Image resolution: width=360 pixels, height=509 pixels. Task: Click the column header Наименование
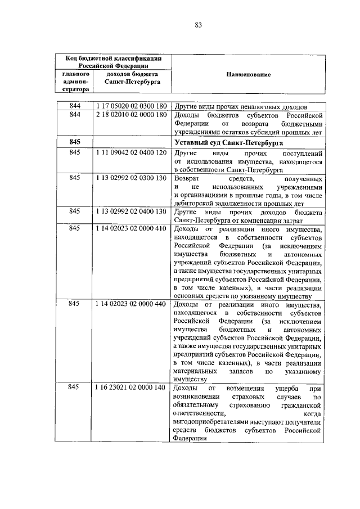(x=248, y=74)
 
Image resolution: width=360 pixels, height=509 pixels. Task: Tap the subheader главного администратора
(x=75, y=82)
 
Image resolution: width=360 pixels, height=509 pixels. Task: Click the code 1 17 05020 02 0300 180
(x=130, y=106)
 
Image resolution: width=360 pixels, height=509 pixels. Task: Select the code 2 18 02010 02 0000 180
(x=130, y=115)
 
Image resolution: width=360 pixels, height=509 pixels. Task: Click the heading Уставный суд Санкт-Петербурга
(x=228, y=143)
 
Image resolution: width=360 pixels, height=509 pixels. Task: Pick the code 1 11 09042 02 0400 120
(x=130, y=153)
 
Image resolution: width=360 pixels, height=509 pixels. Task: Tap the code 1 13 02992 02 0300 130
(x=130, y=177)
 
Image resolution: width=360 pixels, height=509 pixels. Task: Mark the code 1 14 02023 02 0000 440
(x=130, y=304)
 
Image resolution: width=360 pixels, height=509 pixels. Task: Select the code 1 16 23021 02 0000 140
(x=130, y=388)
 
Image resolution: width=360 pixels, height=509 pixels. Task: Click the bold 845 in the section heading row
(x=75, y=143)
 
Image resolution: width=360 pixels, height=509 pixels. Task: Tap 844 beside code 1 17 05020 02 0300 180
(x=75, y=106)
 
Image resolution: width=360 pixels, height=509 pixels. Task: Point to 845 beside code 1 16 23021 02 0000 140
(x=75, y=388)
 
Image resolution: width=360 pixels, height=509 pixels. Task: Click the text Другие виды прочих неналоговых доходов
(x=241, y=106)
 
